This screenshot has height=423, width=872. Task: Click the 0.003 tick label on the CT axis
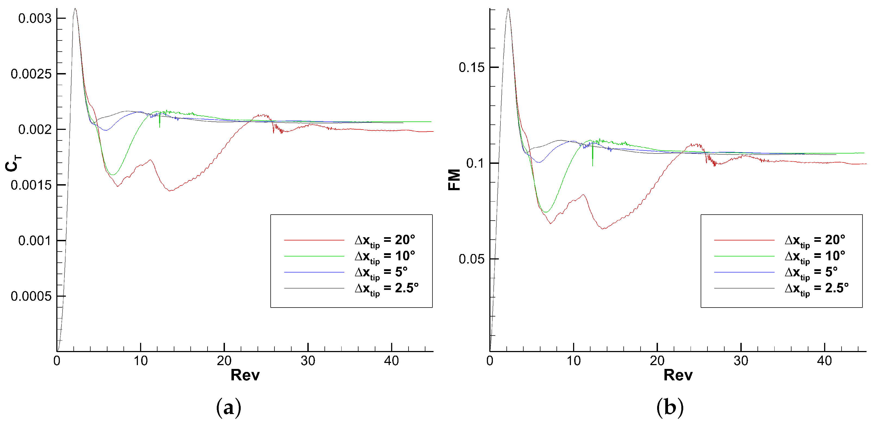pyautogui.click(x=35, y=18)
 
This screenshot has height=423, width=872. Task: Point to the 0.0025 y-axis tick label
pyautogui.click(x=31, y=74)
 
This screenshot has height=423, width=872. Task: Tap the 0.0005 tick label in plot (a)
pyautogui.click(x=31, y=296)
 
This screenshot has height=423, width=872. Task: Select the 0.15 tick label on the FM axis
pyautogui.click(x=472, y=67)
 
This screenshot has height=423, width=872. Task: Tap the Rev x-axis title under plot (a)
pyautogui.click(x=245, y=375)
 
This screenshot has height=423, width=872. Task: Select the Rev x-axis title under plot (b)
pyautogui.click(x=678, y=375)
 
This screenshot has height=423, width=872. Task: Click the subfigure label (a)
pyautogui.click(x=228, y=407)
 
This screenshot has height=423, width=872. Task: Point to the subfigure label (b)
pyautogui.click(x=670, y=407)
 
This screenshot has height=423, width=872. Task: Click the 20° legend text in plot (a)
pyautogui.click(x=385, y=240)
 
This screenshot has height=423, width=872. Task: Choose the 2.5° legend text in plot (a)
pyautogui.click(x=386, y=289)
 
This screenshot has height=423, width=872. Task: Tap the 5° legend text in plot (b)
pyautogui.click(x=811, y=272)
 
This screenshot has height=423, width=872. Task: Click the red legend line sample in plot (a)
pyautogui.click(x=314, y=240)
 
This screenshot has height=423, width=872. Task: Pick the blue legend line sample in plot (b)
pyautogui.click(x=744, y=272)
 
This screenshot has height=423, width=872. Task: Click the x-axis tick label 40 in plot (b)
pyautogui.click(x=824, y=361)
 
